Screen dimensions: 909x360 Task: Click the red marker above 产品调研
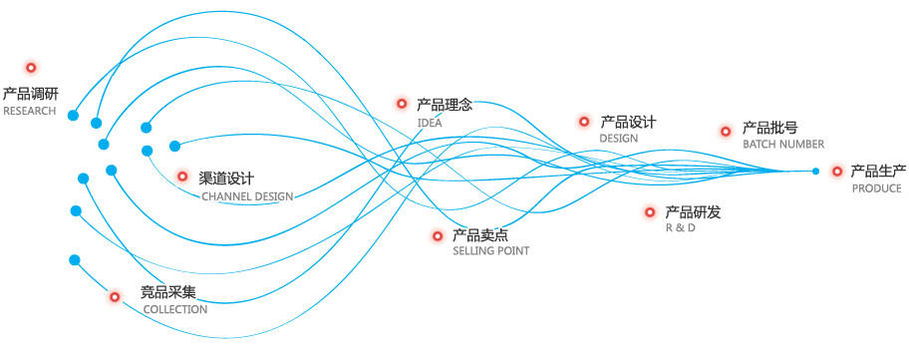[x=31, y=68]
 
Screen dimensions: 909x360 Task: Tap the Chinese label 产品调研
[x=30, y=94]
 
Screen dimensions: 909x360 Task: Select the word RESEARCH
[x=30, y=111]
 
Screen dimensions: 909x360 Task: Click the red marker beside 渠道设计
[x=182, y=177]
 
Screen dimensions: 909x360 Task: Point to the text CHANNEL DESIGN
[x=247, y=196]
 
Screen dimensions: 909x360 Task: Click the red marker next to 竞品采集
[x=116, y=296]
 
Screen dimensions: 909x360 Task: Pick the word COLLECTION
[x=174, y=309]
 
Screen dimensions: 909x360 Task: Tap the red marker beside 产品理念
[x=402, y=103]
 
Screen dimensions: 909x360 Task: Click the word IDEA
[x=430, y=123]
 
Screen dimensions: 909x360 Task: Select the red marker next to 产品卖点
[x=438, y=236]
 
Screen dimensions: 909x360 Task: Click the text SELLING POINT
[x=490, y=251]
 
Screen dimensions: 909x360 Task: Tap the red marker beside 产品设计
[x=584, y=122]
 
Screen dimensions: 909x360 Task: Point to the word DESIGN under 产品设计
[x=618, y=138]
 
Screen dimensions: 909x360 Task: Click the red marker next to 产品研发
[x=650, y=212]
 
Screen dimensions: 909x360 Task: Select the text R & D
[x=680, y=228]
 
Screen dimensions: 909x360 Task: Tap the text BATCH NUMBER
[x=783, y=144]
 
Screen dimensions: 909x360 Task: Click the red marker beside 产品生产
[x=837, y=172]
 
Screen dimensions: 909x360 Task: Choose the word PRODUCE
[x=877, y=187]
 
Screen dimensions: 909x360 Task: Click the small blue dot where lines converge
[x=815, y=172]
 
